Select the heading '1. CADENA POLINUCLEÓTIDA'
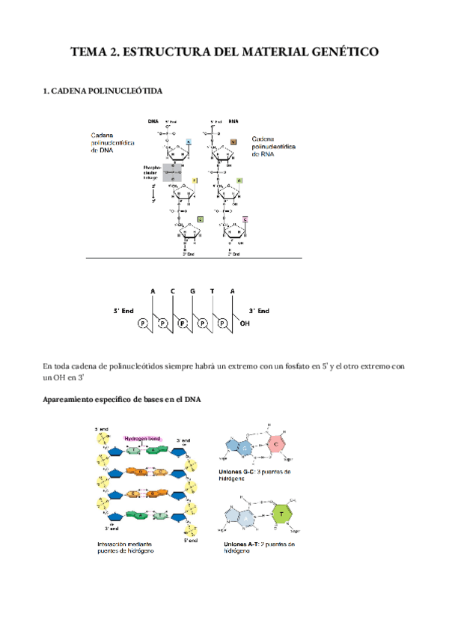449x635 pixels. point(103,91)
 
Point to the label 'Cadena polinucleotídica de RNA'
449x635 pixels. point(275,145)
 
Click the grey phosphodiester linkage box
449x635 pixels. point(173,173)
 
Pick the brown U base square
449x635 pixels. point(233,141)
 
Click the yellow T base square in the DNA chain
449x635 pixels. point(194,180)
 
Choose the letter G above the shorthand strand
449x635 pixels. point(192,291)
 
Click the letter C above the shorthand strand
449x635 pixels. point(172,291)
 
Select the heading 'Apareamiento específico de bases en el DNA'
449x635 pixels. point(121,398)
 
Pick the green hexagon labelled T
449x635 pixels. point(281,514)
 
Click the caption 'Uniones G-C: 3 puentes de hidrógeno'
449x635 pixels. point(258,476)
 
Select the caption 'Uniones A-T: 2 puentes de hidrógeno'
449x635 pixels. point(258,547)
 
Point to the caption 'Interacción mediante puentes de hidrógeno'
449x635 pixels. point(126,547)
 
